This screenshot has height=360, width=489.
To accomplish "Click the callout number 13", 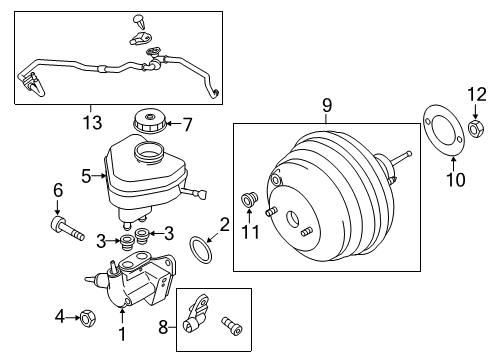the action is click(92, 122).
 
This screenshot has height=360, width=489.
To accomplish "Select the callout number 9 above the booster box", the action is click(327, 105).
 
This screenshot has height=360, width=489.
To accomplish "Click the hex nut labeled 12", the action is click(475, 128).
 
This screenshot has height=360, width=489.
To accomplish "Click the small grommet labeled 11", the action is click(249, 200).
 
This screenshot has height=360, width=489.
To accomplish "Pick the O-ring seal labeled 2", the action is click(200, 250).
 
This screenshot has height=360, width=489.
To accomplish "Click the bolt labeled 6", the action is click(67, 228).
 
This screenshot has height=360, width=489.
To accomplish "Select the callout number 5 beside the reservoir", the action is click(86, 176).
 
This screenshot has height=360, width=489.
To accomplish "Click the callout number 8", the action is click(163, 327).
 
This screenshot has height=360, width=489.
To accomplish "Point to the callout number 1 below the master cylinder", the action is click(123, 334).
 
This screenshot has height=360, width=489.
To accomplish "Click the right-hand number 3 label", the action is click(169, 233).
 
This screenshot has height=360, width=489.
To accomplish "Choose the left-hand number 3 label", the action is click(101, 241).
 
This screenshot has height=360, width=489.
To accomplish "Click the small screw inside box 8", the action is click(231, 326).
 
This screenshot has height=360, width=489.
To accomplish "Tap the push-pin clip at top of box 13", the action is click(139, 22).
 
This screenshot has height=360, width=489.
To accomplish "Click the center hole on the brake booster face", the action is click(293, 219).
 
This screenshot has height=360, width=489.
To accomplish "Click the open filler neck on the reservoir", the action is click(148, 151).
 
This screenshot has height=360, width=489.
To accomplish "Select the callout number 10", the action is click(456, 180).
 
